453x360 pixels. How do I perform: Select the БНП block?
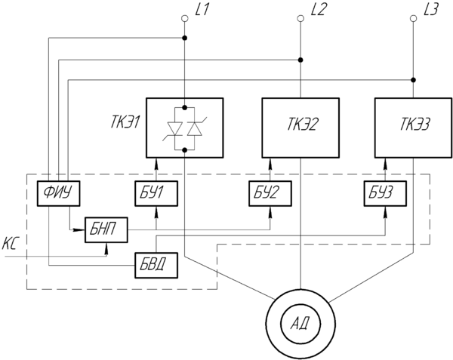coord(106,228)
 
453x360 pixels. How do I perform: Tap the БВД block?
coord(156,265)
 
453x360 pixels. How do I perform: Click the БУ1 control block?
coord(156,194)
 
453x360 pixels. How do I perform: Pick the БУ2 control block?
coord(269,194)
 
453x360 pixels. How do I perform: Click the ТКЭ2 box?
coord(300,127)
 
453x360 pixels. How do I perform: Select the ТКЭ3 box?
coord(413,127)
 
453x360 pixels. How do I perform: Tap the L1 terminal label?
coord(202,11)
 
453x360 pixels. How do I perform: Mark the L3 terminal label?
coord(431,11)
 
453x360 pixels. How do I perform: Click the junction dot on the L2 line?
coord(300,60)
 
